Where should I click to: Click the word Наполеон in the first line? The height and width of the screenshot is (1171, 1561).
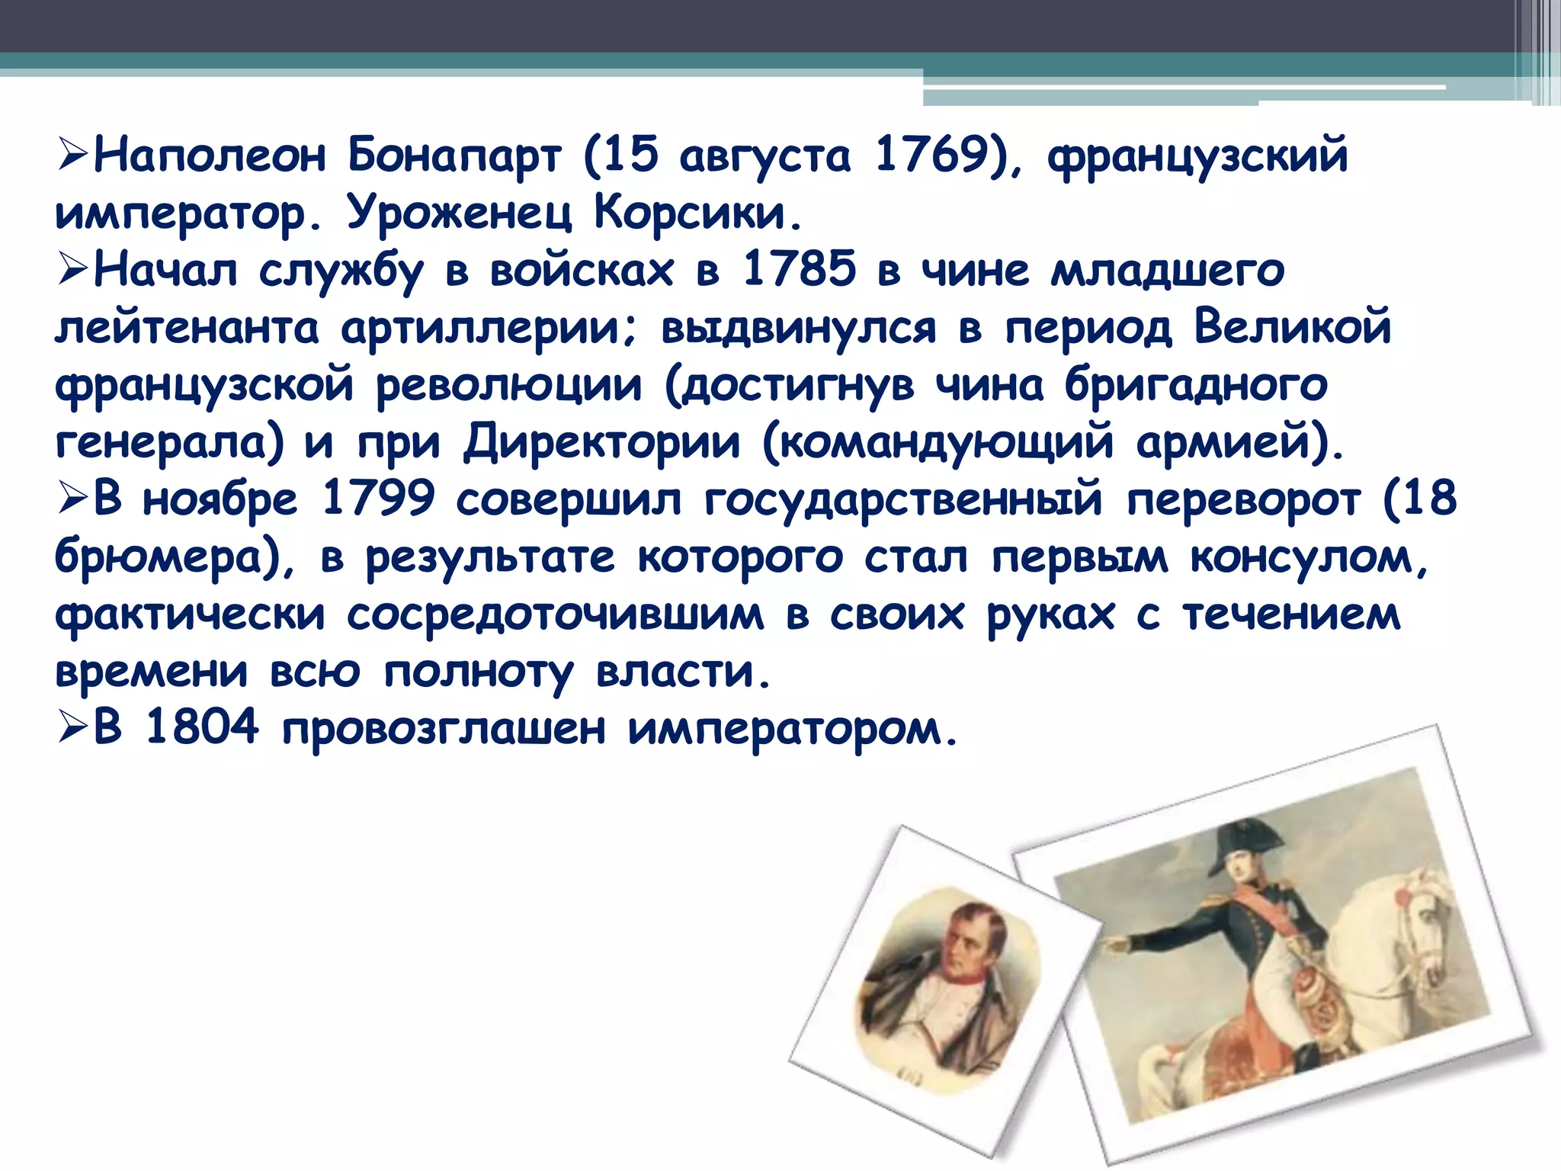tap(210, 156)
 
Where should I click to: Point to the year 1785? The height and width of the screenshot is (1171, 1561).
tap(800, 270)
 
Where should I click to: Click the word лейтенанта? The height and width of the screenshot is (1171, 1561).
tap(187, 329)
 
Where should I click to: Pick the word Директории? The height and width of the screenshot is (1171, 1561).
tap(602, 443)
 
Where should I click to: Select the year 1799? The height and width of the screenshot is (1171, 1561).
tap(378, 500)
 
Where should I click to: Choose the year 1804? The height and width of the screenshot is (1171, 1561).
tap(202, 728)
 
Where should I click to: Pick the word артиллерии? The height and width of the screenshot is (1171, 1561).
tap(488, 329)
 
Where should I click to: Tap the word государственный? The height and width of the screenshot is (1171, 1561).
tap(903, 500)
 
